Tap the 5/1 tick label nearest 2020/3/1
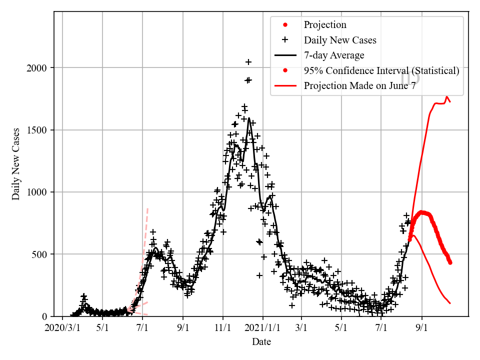pos(102,328)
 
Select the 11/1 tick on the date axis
pos(223,328)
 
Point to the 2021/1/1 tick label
pos(262,328)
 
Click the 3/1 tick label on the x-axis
pos(302,328)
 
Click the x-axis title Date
pos(261,342)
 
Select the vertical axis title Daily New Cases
pos(16,164)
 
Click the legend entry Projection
pos(325,25)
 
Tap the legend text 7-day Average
pos(334,55)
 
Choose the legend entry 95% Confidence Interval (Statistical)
pos(381,71)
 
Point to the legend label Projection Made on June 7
pos(360,86)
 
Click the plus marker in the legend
pos(285,40)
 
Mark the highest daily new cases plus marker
pos(248,62)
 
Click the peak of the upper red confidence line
pos(447,96)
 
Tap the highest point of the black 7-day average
pos(248,118)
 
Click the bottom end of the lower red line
pos(450,303)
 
